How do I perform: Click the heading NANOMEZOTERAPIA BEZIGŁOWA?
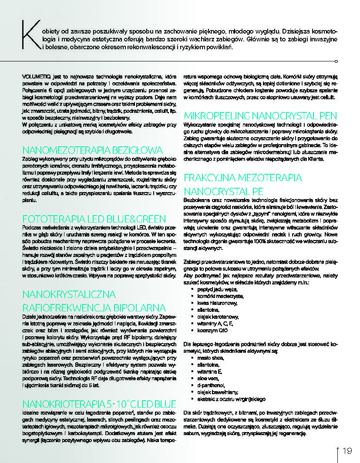[92, 150]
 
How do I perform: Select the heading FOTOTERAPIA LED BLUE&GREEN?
[94, 219]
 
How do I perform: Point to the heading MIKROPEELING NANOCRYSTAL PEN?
[260, 116]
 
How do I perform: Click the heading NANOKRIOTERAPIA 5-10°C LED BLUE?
[99, 403]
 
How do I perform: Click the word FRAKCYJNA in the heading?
[211, 178]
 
